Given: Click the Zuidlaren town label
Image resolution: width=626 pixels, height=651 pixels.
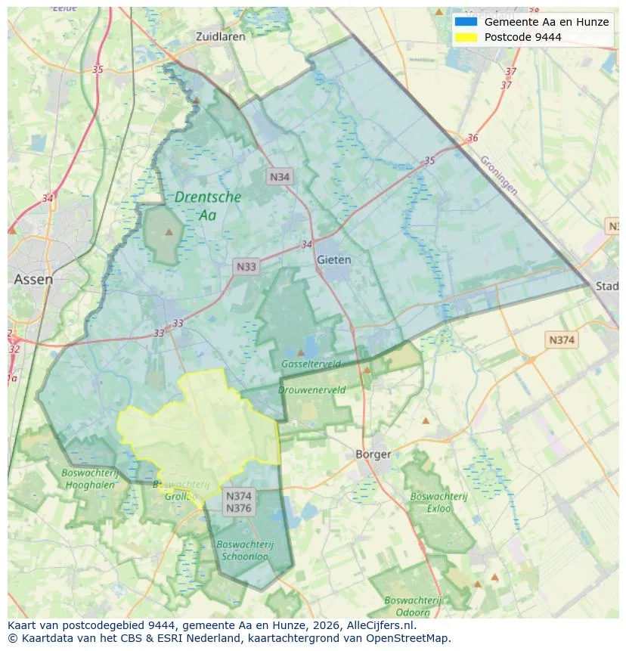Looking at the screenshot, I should tap(218, 36).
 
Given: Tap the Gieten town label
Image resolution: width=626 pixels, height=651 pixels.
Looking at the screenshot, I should tap(334, 259).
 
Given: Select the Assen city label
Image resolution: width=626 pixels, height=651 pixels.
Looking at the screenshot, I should tap(33, 279).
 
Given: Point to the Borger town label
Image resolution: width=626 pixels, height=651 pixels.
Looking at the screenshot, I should tap(373, 454).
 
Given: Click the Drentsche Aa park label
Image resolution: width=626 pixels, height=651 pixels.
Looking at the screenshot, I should tap(208, 206).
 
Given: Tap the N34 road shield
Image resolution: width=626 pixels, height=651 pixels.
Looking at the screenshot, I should tap(280, 177).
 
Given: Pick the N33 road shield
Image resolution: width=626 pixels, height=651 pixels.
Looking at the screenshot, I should tap(246, 266).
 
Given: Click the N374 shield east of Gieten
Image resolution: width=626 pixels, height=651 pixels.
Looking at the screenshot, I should tap(561, 339).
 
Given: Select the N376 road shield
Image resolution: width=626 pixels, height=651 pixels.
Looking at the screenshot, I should tap(238, 508).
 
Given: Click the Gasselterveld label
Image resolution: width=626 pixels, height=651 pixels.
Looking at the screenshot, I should tap(311, 364).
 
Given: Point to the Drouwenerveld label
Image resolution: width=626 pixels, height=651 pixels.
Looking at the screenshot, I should tap(311, 390).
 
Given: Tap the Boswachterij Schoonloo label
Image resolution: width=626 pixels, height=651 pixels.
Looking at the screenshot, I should tap(244, 550).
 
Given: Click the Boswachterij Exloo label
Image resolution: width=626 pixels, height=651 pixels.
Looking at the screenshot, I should tap(430, 502).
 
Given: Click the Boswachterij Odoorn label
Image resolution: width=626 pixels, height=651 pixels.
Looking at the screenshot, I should tap(413, 606).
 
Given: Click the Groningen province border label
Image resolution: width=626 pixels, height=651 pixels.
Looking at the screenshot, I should tap(499, 175).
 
